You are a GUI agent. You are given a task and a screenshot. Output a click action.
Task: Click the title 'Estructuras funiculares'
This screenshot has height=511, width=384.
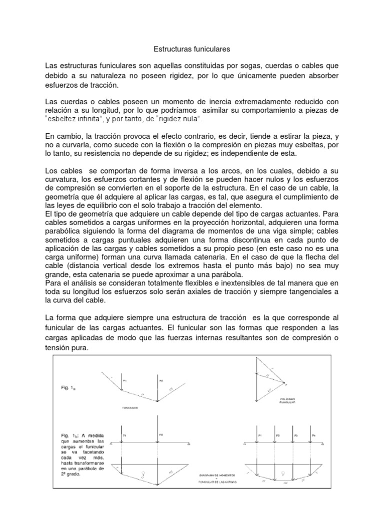tap(190, 49)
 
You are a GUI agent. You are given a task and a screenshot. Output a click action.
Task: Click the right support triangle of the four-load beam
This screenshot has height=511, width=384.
tap(323, 443)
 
